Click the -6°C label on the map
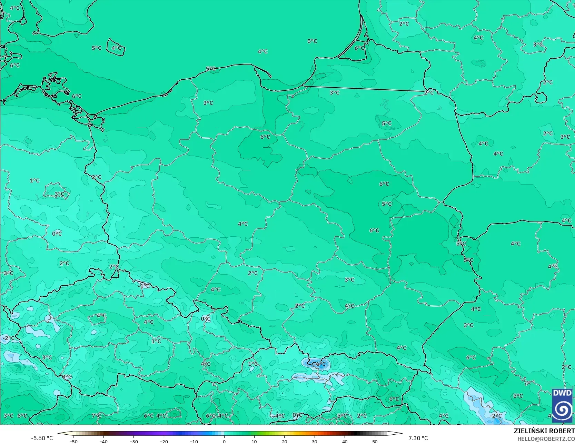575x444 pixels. pos(320,364)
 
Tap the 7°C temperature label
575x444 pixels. pos(97,416)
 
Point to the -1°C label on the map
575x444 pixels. pos(144,286)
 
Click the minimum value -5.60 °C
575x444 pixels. pos(42,438)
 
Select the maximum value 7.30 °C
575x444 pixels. pos(418,438)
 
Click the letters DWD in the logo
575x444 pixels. pos(562,393)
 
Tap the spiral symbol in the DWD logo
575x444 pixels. pos(562,410)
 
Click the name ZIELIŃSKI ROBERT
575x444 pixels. pos(544,431)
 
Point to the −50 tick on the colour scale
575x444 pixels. pos(73,442)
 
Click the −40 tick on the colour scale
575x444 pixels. pos(103,442)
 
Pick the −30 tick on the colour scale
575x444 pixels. pos(133,442)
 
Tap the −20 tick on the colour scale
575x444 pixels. pos(164,442)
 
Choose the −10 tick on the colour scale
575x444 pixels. pos(194,442)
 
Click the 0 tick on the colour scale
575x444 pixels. pos(224,442)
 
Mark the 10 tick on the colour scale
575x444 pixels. pos(254,442)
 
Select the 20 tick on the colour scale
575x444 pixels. pos(285,442)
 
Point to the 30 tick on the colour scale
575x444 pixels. pos(315,442)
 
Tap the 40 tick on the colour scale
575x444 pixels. pos(345,442)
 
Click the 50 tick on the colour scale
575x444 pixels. pos(375,442)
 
